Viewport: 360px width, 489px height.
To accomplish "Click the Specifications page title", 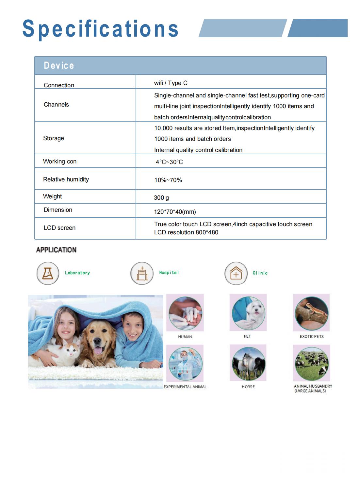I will coord(100,29).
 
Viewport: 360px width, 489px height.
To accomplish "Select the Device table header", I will coord(59,65).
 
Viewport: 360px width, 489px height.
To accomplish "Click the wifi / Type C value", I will coord(171,83).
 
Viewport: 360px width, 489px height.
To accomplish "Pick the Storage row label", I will coord(54,138).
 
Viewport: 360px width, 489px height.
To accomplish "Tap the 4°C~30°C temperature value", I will coord(169,162).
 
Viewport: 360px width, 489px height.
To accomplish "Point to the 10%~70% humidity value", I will coord(168,180).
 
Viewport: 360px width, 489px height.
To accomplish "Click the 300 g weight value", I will coord(161,198).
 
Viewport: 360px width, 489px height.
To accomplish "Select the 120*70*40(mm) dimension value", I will coord(175,212).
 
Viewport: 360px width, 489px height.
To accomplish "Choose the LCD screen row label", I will coord(59,228).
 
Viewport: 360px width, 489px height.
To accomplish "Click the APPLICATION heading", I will coord(56,250).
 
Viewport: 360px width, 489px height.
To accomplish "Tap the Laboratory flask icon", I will coord(48,273).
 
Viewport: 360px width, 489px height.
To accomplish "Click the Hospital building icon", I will coord(142,273).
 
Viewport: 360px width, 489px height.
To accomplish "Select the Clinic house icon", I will coord(236,273).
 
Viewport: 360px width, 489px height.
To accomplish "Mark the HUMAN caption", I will coord(185,337).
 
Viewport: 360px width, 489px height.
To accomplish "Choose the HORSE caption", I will coord(248,387).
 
